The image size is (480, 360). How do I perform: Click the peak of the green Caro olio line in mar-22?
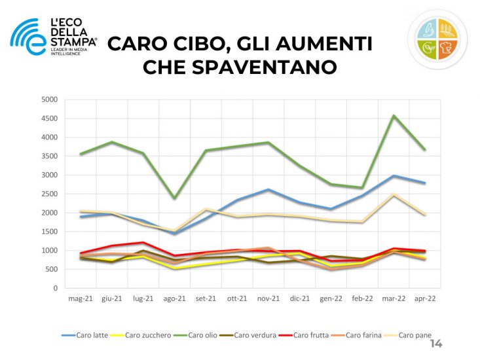[394, 116]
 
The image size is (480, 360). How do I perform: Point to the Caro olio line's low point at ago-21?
[174, 198]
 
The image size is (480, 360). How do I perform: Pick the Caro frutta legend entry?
[308, 336]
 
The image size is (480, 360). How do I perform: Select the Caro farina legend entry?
[361, 336]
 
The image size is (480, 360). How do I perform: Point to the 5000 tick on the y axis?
[50, 100]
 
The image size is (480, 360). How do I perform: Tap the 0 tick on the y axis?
[55, 288]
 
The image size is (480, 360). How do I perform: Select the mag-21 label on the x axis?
[81, 299]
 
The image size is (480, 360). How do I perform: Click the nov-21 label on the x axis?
[268, 299]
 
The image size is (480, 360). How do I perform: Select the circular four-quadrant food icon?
[437, 39]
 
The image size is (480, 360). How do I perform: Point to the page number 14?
[435, 344]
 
